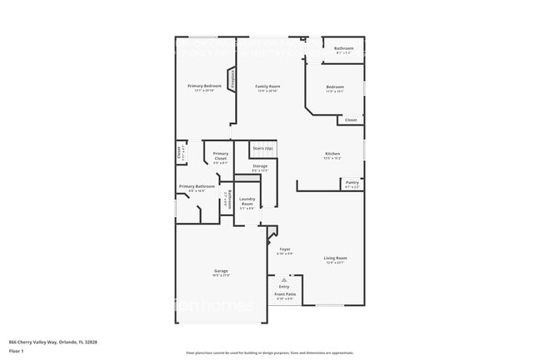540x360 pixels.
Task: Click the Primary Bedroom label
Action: pyautogui.click(x=204, y=86)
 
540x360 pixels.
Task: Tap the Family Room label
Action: pyautogui.click(x=268, y=86)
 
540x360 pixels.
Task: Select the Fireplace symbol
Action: pyautogui.click(x=233, y=83)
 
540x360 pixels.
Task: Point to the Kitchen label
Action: pyautogui.click(x=332, y=154)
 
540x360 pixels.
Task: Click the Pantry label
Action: pyautogui.click(x=352, y=182)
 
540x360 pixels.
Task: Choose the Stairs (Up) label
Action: pyautogui.click(x=263, y=149)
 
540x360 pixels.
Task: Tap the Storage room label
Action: pyautogui.click(x=260, y=166)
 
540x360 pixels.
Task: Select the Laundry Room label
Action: pyautogui.click(x=248, y=202)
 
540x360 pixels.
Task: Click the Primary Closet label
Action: pyautogui.click(x=220, y=155)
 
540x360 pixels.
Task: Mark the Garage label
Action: pyautogui.click(x=221, y=271)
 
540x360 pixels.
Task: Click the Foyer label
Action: pyautogui.click(x=285, y=249)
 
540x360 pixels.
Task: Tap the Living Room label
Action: pyautogui.click(x=336, y=259)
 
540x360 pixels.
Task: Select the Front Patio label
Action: pyautogui.click(x=285, y=293)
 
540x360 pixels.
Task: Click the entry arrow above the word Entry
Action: pyautogui.click(x=284, y=281)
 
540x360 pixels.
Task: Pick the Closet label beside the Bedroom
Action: pyautogui.click(x=351, y=120)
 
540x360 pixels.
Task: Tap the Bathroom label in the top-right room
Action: pyautogui.click(x=344, y=48)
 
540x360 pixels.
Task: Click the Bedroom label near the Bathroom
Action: pyautogui.click(x=335, y=86)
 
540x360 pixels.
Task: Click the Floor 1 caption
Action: pyautogui.click(x=17, y=351)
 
